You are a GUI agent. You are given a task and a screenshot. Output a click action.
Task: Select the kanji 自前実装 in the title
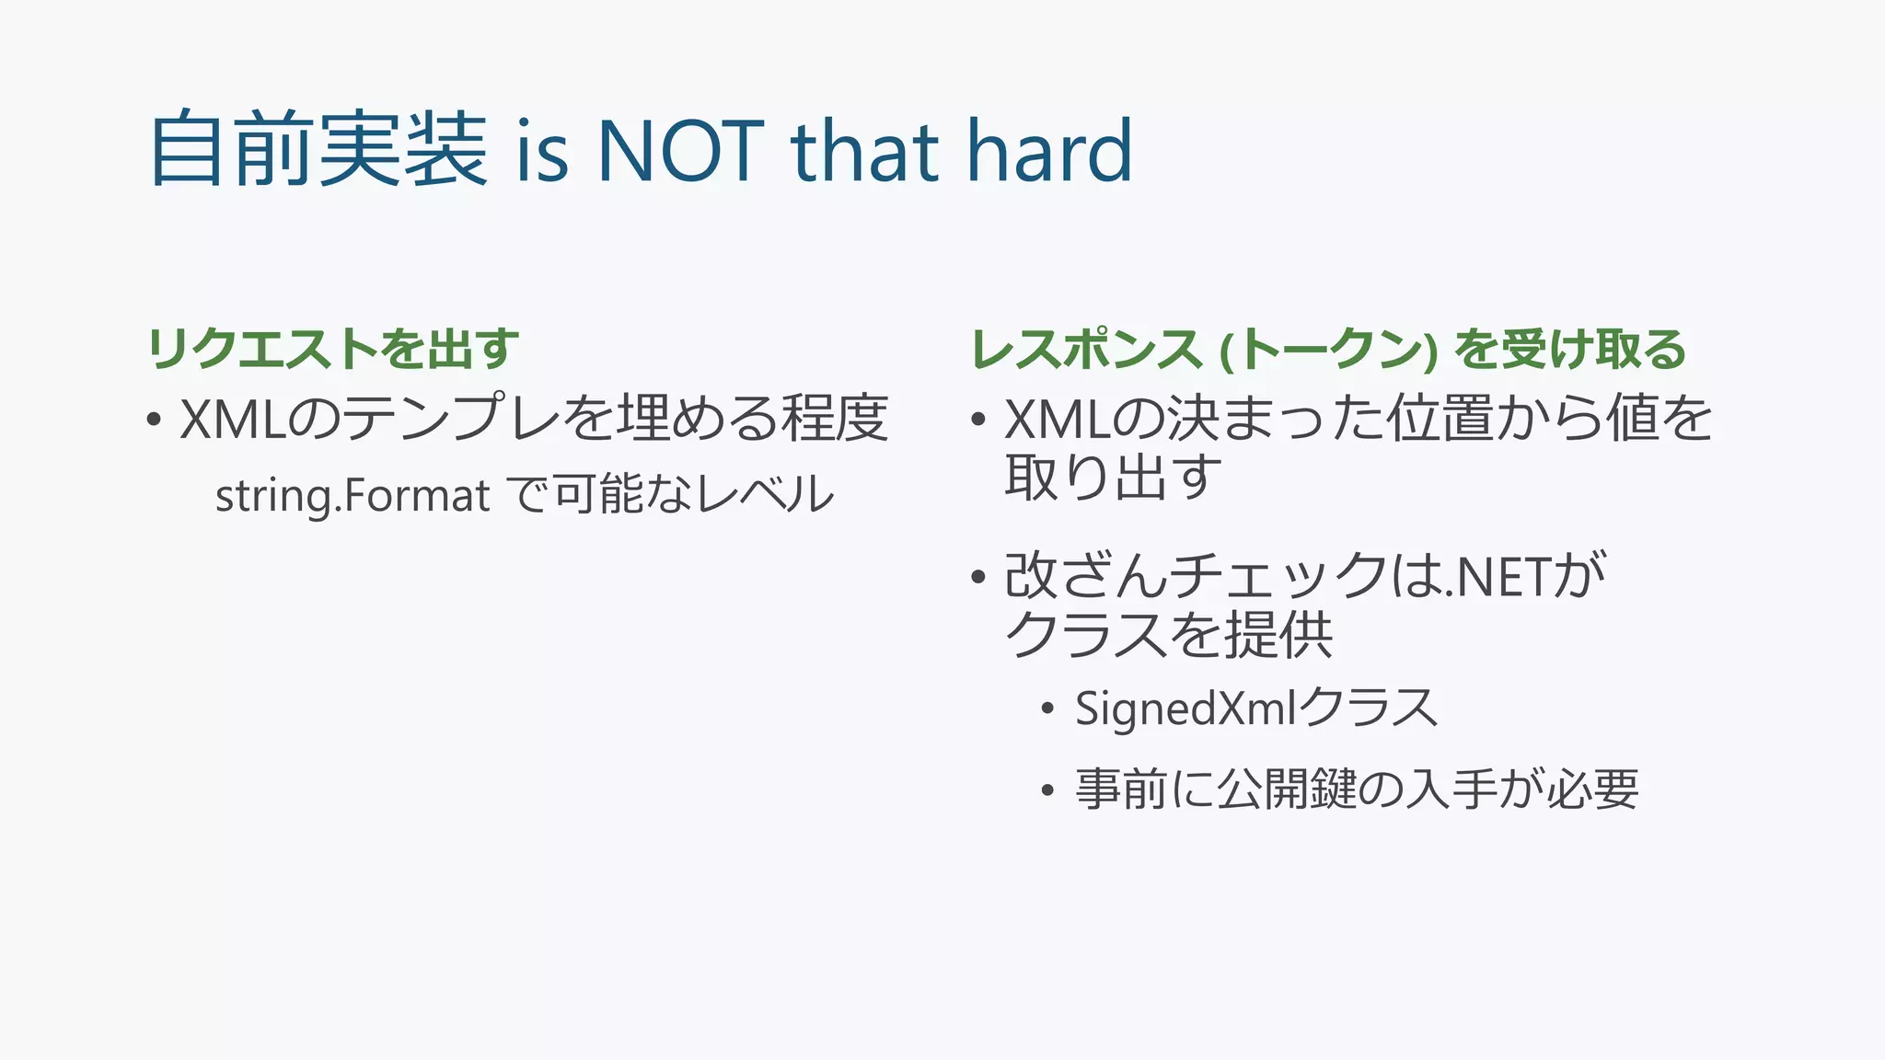coord(318,149)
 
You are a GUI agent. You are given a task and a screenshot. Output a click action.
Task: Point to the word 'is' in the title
coord(542,153)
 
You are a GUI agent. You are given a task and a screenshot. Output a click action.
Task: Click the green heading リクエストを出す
coord(333,349)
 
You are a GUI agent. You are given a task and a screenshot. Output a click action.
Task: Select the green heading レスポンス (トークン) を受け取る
coord(1327,350)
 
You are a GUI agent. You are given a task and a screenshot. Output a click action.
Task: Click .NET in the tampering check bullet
coord(1498,577)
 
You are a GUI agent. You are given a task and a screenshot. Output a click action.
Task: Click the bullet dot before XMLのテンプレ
coord(154,421)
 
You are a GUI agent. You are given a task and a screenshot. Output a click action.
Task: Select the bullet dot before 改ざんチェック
coord(978,578)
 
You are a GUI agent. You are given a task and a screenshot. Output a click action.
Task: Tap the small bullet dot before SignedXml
coord(1047,709)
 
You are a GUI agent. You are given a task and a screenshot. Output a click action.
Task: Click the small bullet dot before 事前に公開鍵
coord(1047,790)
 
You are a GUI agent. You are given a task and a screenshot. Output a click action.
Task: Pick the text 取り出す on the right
coord(1113,478)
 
